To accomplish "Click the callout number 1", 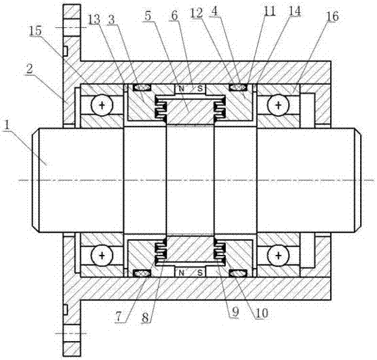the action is [7, 125].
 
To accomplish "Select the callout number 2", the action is [30, 70].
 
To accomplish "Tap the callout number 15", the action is [35, 31].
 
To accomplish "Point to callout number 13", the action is [94, 20].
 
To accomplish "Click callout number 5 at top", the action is [148, 16].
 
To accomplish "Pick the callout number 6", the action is [175, 16].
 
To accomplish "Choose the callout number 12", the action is [197, 14].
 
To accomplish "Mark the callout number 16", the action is [332, 16].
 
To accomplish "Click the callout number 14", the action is [294, 11].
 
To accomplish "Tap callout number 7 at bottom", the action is [119, 317].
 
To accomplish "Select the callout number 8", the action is [146, 318].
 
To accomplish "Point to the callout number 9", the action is [235, 312].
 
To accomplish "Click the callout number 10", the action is [262, 313].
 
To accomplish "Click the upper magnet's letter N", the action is [182, 89].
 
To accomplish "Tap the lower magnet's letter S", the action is [200, 273].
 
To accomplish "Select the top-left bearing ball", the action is [102, 105].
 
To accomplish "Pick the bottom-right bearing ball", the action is [278, 255].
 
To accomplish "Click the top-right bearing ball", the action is [278, 105].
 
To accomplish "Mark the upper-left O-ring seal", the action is [142, 87].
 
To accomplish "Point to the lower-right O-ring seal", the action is [238, 273].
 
